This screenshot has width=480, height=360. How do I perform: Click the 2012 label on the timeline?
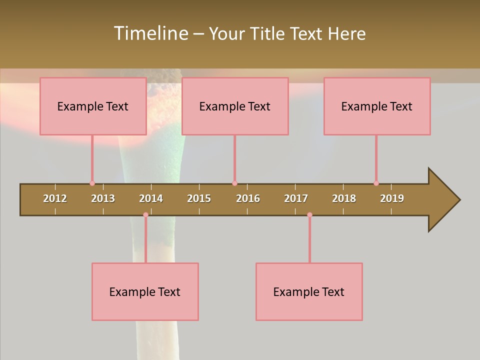click(55, 198)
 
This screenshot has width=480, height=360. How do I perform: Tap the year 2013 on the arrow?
click(103, 198)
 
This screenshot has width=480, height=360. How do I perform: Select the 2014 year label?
click(151, 198)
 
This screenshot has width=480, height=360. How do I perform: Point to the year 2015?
click(199, 198)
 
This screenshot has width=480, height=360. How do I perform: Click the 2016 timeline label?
click(248, 198)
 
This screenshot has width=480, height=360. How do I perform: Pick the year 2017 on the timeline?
click(296, 198)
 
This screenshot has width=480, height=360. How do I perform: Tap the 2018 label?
click(344, 198)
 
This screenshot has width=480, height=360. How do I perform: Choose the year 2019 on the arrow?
click(392, 198)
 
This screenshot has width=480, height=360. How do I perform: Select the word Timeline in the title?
click(150, 33)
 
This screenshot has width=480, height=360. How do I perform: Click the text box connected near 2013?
click(93, 106)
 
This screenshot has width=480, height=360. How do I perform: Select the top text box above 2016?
click(235, 106)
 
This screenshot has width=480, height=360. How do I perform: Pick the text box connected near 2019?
click(377, 106)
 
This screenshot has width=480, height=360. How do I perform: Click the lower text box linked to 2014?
click(145, 291)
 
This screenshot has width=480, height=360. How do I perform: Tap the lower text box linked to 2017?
click(309, 291)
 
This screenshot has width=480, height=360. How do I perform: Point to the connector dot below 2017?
click(309, 215)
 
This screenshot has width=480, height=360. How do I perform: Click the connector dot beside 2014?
click(145, 215)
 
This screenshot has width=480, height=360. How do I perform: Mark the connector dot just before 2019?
click(376, 183)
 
